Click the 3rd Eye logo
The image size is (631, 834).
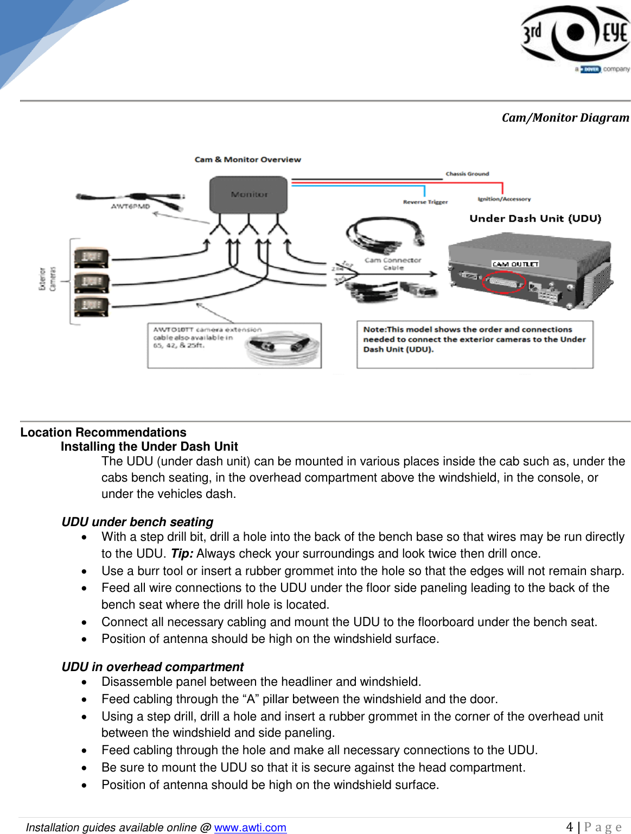pos(575,35)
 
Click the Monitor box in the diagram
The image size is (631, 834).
pos(248,194)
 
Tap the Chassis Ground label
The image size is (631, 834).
pos(467,174)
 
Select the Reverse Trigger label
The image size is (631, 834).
pos(425,202)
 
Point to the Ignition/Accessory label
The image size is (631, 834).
pos(504,199)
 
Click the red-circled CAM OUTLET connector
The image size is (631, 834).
pos(504,282)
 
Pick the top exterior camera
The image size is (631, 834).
pos(91,257)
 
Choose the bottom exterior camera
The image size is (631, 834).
pos(91,307)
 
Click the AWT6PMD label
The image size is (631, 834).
pos(130,206)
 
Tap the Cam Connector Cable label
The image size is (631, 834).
pos(393,264)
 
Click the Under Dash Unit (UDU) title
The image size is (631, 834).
pos(535,218)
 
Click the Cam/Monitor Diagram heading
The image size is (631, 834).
pos(565,117)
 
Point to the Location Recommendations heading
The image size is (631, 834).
pos(103,432)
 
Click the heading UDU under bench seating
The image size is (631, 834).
pos(137,522)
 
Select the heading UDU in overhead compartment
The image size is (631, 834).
pos(152,667)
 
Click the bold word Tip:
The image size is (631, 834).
pos(182,553)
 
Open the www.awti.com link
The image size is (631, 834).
pos(250,827)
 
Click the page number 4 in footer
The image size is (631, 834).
pos(569,827)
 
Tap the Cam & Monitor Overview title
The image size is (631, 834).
pos(247,160)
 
